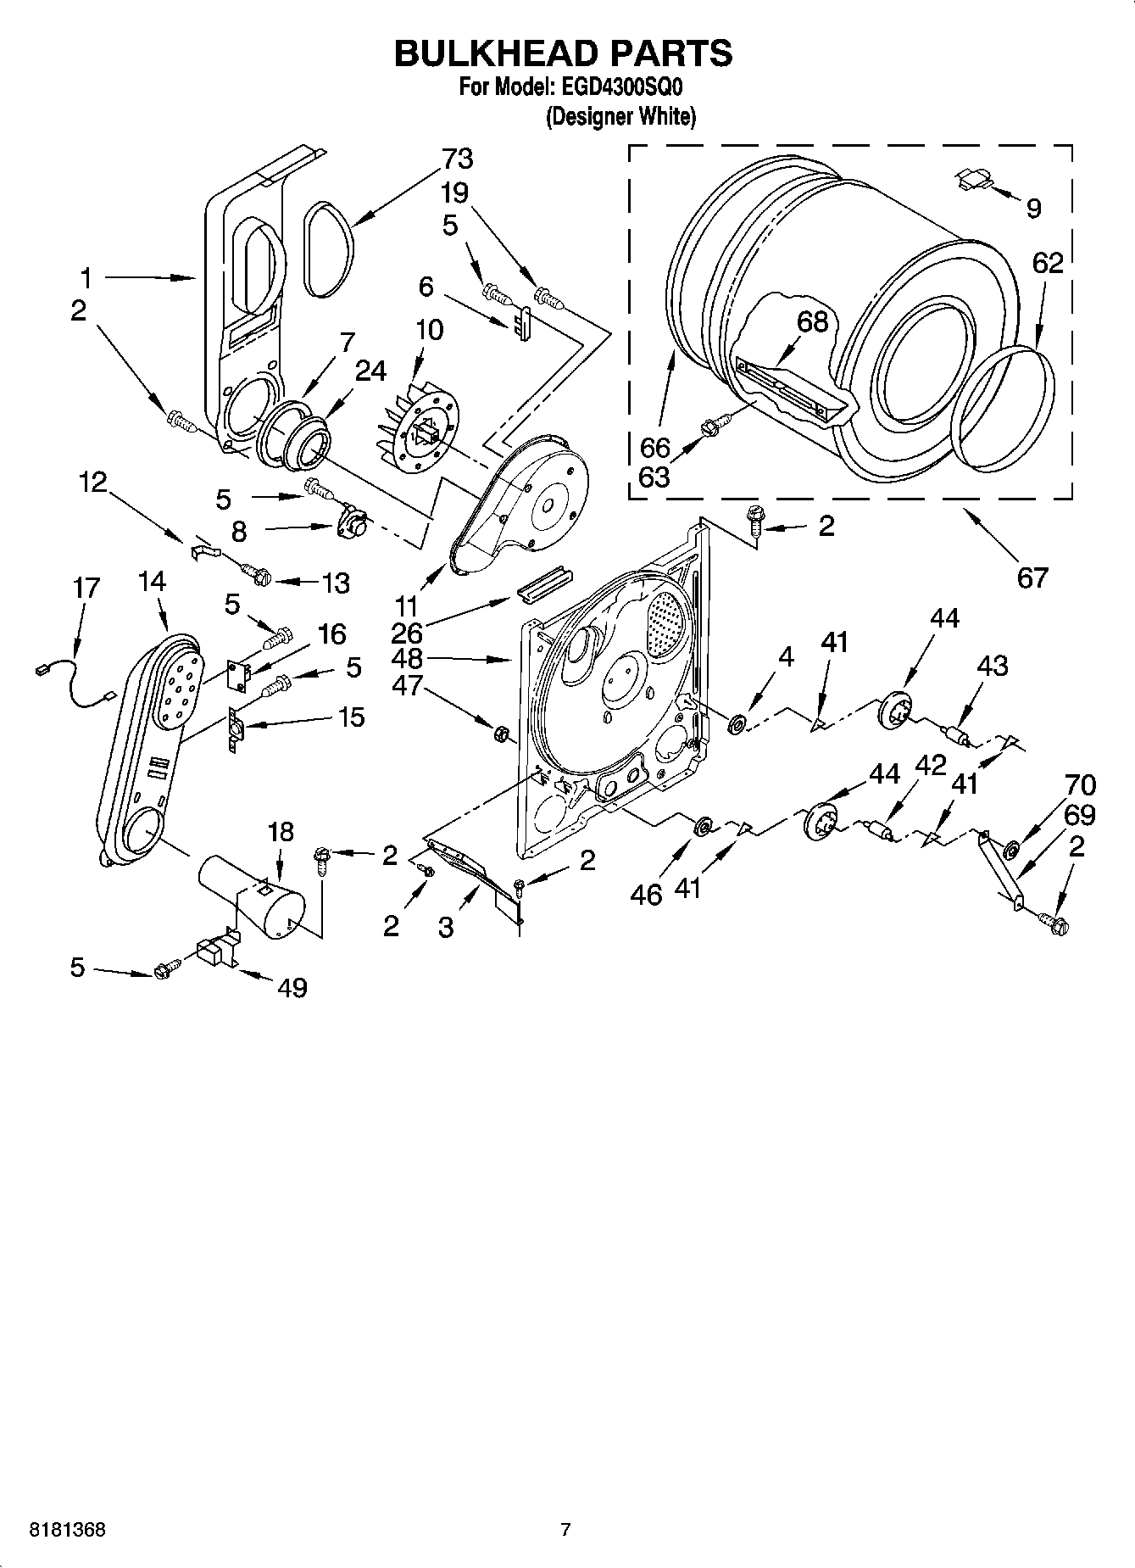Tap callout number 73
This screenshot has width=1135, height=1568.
(x=457, y=159)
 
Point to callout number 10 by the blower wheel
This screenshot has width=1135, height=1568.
(x=430, y=329)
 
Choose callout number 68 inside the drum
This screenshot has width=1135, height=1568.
(x=812, y=321)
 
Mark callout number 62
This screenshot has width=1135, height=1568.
(x=1048, y=263)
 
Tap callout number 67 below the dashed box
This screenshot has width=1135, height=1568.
(x=1032, y=578)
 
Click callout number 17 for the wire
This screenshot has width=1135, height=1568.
(x=86, y=588)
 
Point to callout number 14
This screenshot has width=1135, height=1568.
(x=151, y=581)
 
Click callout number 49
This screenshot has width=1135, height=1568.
(x=292, y=987)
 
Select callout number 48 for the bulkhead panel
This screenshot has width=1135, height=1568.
(x=407, y=658)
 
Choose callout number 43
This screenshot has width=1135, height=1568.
(x=992, y=666)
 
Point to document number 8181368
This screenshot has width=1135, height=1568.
(x=68, y=1530)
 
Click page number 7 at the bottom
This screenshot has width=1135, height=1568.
(x=566, y=1530)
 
